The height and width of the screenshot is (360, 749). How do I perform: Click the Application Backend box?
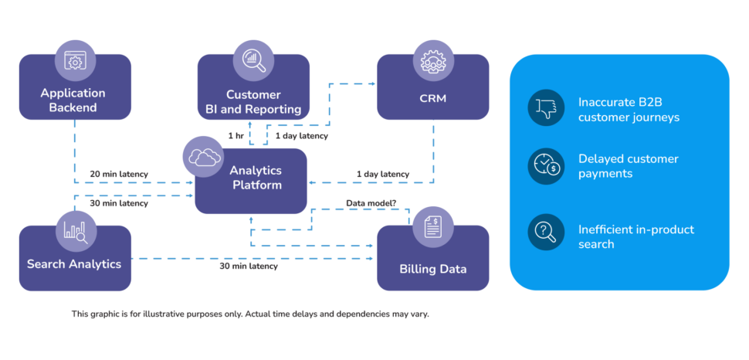[x=73, y=100]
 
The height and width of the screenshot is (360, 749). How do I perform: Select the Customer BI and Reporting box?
[x=253, y=100]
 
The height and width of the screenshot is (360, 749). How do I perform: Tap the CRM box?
[x=432, y=99]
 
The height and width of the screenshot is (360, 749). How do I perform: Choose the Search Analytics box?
[x=74, y=263]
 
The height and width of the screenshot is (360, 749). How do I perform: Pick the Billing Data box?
[x=432, y=269]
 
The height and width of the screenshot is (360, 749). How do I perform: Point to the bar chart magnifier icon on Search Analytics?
[x=76, y=229]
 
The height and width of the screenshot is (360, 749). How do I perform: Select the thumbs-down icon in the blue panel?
[x=547, y=107]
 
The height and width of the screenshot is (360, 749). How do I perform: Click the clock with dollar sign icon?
[x=547, y=166]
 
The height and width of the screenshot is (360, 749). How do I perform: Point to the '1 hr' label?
[x=236, y=136]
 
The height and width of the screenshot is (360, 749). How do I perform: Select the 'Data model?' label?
[x=371, y=202]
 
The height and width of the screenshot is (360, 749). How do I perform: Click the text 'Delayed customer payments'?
[x=628, y=166]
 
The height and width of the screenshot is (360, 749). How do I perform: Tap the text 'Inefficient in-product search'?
[x=635, y=236]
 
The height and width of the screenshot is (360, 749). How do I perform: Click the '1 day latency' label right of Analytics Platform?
[x=383, y=174]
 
